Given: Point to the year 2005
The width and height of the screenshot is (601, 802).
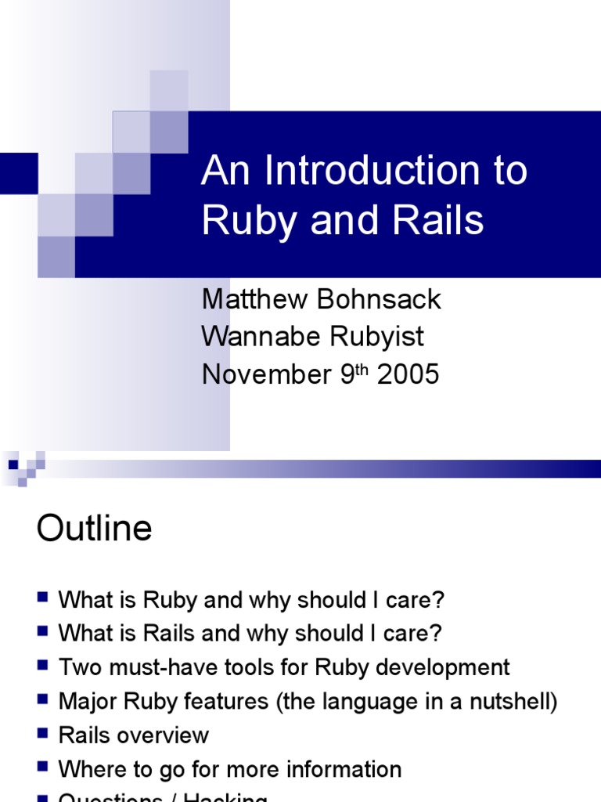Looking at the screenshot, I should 408,374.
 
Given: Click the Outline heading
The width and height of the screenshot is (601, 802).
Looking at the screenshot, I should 94,529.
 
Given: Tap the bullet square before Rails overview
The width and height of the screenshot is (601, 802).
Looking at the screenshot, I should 42,733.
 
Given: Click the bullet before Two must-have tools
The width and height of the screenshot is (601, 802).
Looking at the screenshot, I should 42,666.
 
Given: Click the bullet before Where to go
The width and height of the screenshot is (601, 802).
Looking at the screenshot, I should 42,767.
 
